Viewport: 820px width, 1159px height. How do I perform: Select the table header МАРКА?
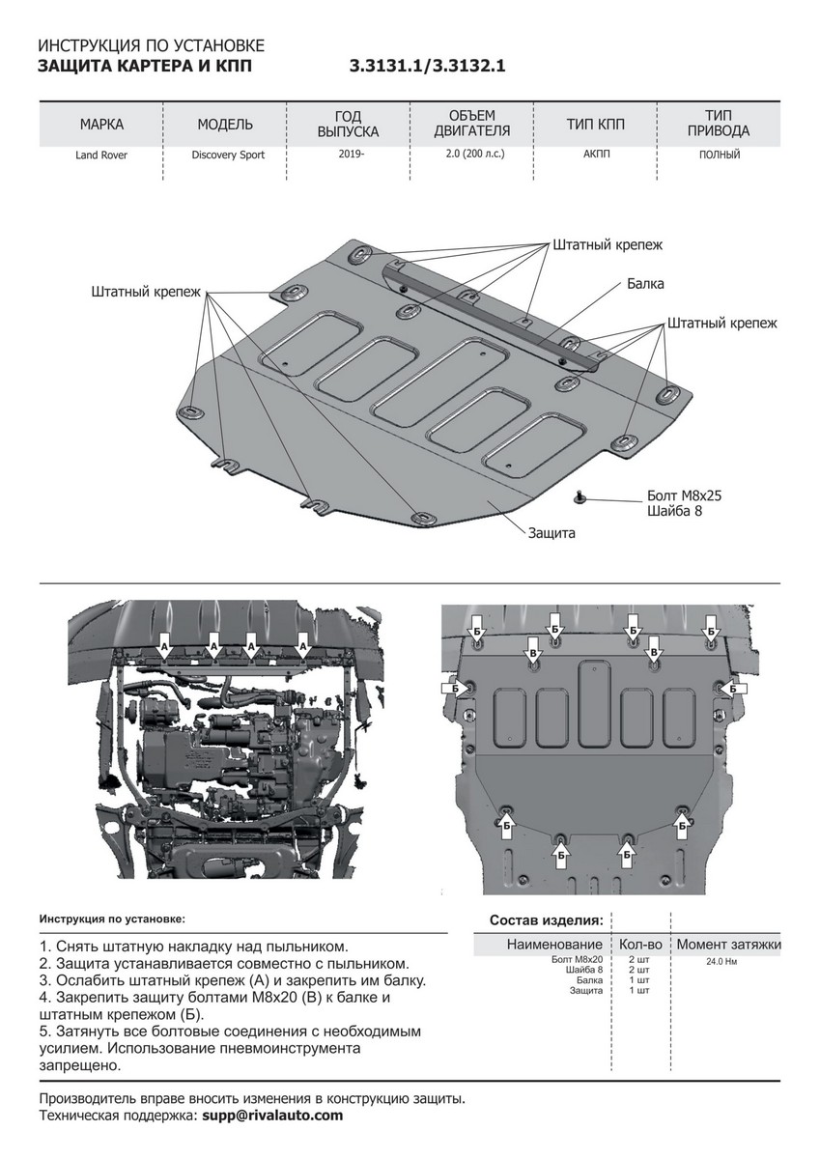[x=101, y=125]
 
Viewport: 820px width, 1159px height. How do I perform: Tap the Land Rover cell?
[x=101, y=155]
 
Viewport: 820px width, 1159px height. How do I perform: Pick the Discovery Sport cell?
[x=227, y=155]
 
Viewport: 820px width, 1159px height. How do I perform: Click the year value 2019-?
[x=351, y=155]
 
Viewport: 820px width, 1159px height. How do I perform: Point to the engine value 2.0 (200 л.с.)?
[x=475, y=155]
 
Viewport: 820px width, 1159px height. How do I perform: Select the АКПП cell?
[x=596, y=155]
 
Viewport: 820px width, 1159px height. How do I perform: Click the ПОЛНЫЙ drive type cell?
[x=719, y=155]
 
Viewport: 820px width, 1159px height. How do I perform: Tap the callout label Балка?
[x=645, y=284]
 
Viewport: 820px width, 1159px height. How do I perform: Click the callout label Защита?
[x=551, y=532]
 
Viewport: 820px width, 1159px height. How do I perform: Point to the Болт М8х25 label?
[x=684, y=495]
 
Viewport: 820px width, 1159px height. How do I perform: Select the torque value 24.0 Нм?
[x=722, y=962]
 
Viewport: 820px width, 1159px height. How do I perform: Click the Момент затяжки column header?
[x=728, y=944]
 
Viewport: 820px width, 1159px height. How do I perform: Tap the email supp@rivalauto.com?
[x=271, y=1115]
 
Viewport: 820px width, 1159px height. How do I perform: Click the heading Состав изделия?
[x=547, y=919]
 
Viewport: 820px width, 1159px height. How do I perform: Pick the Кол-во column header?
[x=638, y=944]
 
